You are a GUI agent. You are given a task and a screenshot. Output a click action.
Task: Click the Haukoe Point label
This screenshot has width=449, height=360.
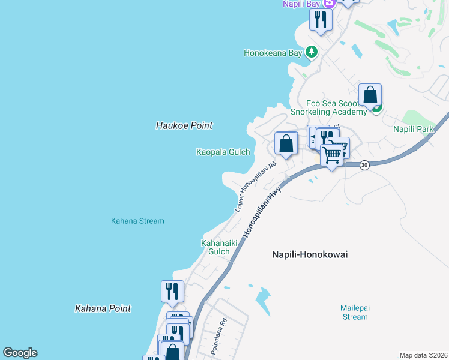[x=184, y=125]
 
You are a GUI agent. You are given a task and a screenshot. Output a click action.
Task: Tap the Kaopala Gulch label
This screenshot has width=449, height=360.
[x=223, y=152]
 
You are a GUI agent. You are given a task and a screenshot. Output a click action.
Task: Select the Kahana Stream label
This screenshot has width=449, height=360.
[x=137, y=221]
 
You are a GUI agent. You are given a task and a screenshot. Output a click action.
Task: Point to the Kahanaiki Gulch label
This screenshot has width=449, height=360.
[x=219, y=247]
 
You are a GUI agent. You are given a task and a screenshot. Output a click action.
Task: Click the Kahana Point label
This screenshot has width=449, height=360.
[x=103, y=308]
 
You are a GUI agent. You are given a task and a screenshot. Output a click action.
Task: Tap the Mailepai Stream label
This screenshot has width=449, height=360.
[x=355, y=312]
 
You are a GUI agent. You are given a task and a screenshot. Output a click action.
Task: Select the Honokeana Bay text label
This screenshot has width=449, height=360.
[x=272, y=53]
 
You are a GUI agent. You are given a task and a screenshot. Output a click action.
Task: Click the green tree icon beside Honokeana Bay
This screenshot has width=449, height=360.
[x=311, y=52]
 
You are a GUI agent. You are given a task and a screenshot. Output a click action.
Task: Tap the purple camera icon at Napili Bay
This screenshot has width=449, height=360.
[x=328, y=4]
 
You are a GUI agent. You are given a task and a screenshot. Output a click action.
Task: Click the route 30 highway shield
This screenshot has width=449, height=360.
[x=364, y=164]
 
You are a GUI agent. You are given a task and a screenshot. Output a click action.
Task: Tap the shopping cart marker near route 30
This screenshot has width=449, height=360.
[x=331, y=155]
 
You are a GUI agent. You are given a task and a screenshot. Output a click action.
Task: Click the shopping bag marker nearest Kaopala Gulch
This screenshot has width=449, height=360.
[x=286, y=144]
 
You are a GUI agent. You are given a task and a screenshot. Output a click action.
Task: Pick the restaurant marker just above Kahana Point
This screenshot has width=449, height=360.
[x=172, y=292]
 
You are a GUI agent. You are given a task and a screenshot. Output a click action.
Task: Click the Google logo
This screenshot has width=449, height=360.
[x=20, y=353]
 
